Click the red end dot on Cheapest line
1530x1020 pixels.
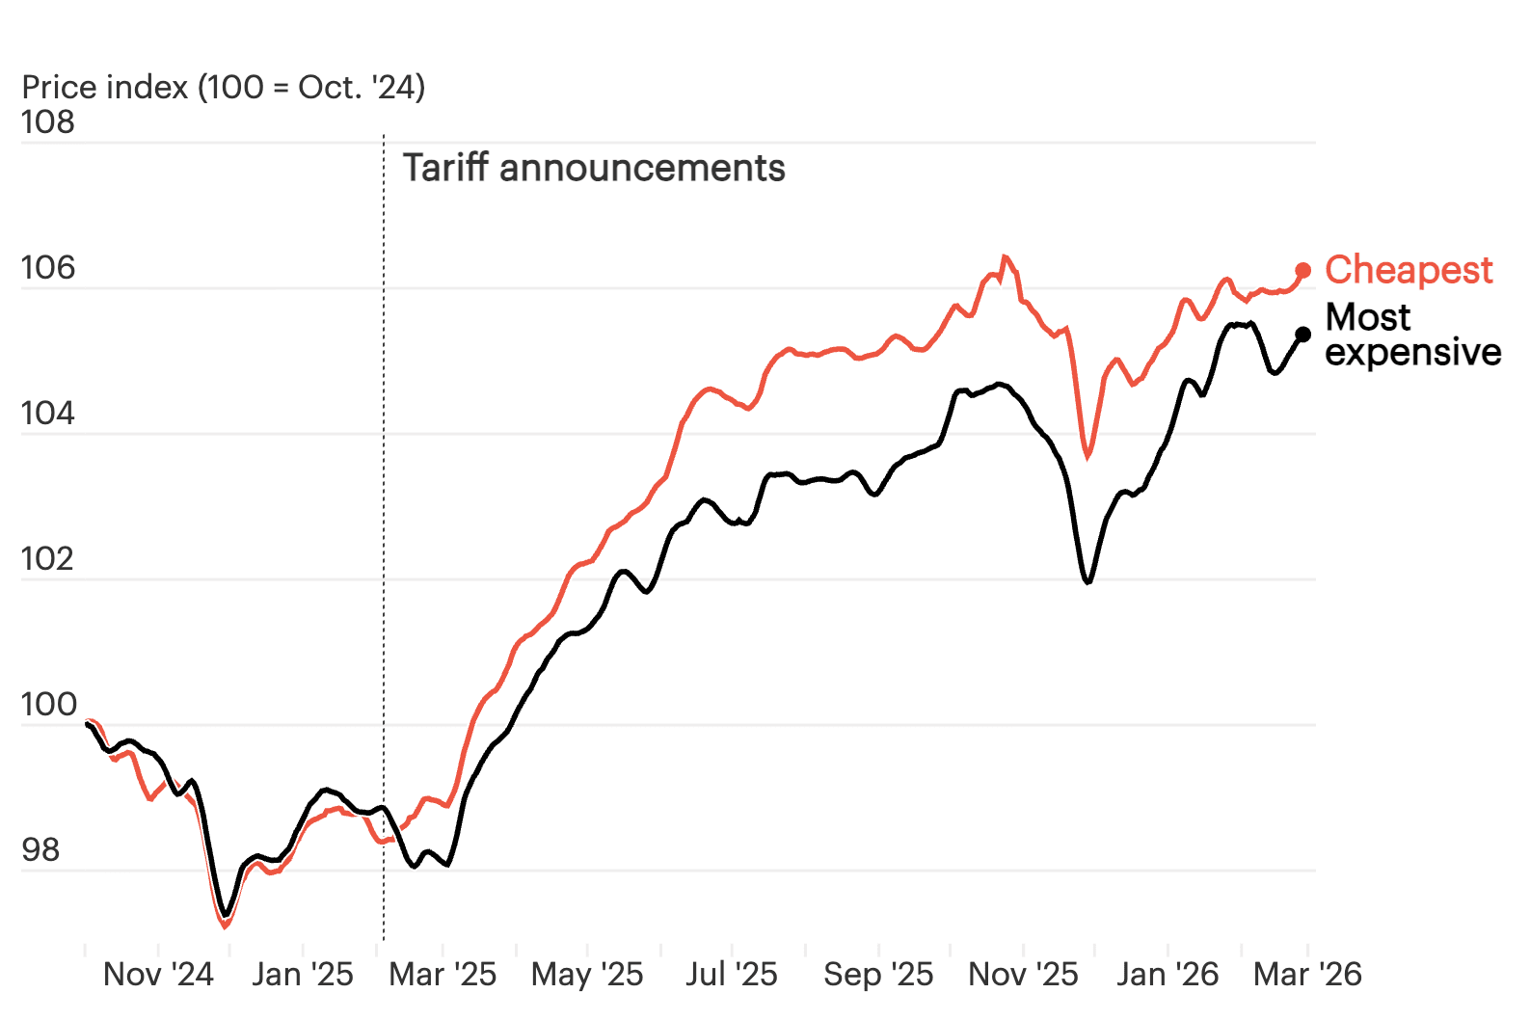coord(1303,271)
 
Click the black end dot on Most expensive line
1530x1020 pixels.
coord(1303,335)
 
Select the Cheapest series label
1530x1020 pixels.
coord(1409,270)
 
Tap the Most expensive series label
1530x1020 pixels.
coord(1412,335)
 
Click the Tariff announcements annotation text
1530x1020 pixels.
coord(594,169)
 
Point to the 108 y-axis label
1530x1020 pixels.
coord(47,122)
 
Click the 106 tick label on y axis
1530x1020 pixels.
coord(47,268)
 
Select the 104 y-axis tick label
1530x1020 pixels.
coord(47,414)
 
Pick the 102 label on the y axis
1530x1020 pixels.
coord(47,559)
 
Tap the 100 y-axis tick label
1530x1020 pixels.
coord(48,705)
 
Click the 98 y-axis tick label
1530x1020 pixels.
coord(40,850)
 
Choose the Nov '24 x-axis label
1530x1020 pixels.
coord(158,975)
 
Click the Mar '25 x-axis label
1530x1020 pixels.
coord(443,975)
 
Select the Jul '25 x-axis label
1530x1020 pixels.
coord(732,975)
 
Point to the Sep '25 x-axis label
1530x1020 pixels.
coord(878,975)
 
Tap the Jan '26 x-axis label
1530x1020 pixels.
coord(1168,975)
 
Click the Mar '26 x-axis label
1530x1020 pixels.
coord(1307,975)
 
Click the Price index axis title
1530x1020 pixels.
coord(224,88)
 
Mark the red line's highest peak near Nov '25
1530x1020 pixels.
coord(1005,256)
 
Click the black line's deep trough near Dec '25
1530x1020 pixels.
coord(1088,582)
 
